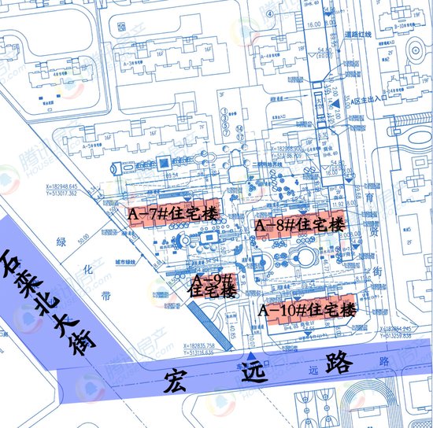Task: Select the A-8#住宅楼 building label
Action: pyautogui.click(x=301, y=225)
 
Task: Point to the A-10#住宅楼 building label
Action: pyautogui.click(x=306, y=309)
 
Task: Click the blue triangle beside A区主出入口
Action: pyautogui.click(x=335, y=104)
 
